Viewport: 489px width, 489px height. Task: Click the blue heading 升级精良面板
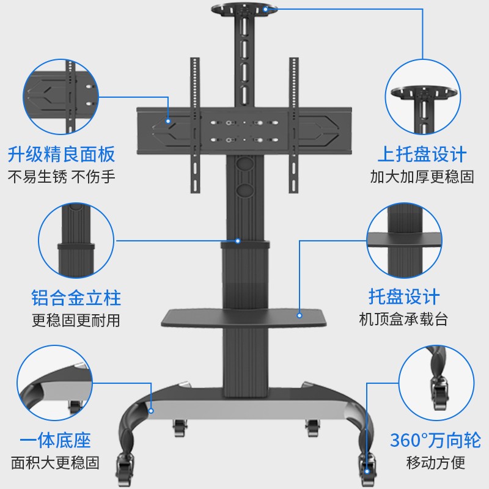click(61, 153)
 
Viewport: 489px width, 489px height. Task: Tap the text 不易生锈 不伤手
click(61, 177)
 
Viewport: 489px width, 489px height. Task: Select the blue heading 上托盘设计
click(422, 153)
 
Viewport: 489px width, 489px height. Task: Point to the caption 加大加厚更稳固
click(422, 177)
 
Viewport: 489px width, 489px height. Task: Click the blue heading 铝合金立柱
click(76, 298)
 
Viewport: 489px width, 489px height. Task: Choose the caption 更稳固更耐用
click(76, 320)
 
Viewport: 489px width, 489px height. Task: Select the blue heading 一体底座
click(55, 439)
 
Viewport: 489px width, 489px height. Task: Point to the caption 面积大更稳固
click(55, 462)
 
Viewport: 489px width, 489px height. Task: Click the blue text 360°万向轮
click(435, 439)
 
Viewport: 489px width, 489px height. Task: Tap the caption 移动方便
click(435, 462)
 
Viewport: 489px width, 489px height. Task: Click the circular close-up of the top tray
click(422, 98)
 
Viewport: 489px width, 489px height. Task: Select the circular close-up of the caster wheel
click(436, 382)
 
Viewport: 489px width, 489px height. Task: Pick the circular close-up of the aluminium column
click(76, 241)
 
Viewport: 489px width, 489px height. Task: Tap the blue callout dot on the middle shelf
click(300, 315)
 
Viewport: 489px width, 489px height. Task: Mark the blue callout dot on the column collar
click(238, 241)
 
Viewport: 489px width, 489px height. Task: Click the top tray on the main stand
click(243, 10)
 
